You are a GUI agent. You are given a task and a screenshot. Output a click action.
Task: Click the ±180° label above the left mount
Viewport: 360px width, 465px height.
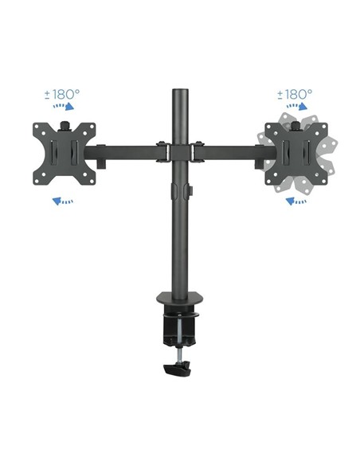62,93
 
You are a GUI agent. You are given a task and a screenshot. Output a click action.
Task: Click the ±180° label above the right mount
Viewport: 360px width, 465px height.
295,93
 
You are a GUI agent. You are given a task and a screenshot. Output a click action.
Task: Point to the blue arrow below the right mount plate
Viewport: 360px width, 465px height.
296,201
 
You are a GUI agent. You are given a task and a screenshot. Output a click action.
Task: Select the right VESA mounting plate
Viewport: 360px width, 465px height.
295,151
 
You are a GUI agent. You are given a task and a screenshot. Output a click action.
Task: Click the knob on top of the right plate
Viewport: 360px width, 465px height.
296,124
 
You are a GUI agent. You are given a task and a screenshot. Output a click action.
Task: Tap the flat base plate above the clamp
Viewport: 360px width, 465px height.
180,302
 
